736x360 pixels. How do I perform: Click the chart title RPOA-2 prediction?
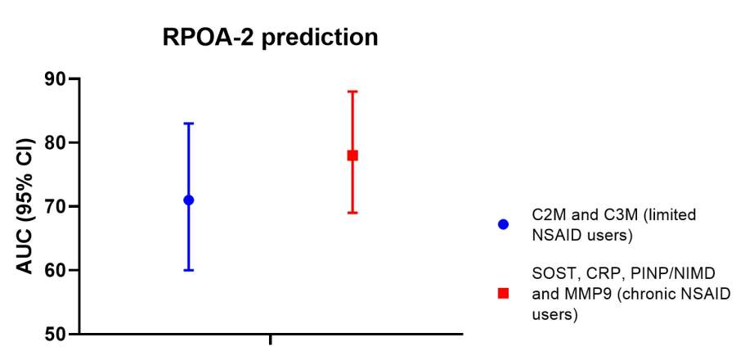pyautogui.click(x=270, y=38)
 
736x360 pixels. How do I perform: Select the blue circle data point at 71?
pyautogui.click(x=189, y=200)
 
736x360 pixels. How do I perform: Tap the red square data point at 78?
pyautogui.click(x=352, y=155)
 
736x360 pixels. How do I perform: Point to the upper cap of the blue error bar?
pyautogui.click(x=189, y=124)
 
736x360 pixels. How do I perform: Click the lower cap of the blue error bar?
pyautogui.click(x=189, y=270)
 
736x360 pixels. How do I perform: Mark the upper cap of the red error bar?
pyautogui.click(x=352, y=92)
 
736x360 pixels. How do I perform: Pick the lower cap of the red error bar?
pyautogui.click(x=352, y=213)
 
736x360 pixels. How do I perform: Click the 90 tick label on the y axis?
pyautogui.click(x=56, y=79)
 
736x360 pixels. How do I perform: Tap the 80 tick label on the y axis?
pyautogui.click(x=56, y=142)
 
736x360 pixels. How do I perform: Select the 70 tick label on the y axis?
pyautogui.click(x=56, y=206)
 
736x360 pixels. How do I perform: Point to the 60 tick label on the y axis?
pyautogui.click(x=56, y=270)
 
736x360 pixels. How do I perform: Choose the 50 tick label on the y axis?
pyautogui.click(x=56, y=334)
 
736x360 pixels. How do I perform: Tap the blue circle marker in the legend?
pyautogui.click(x=503, y=224)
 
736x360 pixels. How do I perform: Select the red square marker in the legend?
pyautogui.click(x=503, y=294)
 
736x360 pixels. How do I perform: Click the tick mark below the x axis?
pyautogui.click(x=271, y=340)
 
